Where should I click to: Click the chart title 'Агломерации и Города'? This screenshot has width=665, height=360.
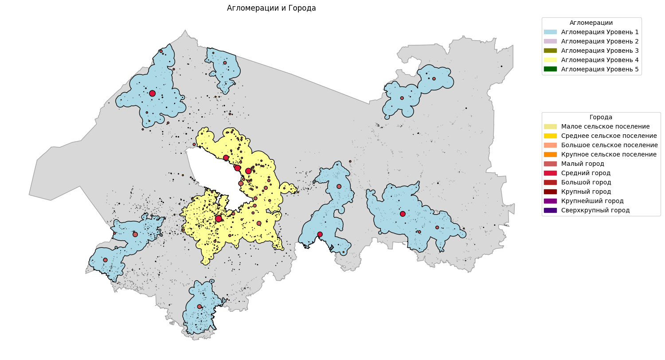coord(271,8)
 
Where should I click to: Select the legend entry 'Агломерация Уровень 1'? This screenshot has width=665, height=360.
coord(591,32)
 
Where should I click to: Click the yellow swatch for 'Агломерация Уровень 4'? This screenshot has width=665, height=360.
coord(550,60)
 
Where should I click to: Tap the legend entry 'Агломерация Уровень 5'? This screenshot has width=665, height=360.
coord(591,69)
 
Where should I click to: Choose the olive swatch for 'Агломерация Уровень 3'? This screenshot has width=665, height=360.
coord(550,51)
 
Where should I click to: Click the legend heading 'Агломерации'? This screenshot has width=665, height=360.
coord(591,23)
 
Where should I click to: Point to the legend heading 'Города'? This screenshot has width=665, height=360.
coord(601,117)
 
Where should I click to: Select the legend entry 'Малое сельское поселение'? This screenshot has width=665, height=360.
coord(596,127)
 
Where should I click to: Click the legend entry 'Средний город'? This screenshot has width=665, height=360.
coord(583,173)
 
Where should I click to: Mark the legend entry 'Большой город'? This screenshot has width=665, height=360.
coord(583,182)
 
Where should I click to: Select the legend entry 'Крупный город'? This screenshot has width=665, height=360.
coord(583,192)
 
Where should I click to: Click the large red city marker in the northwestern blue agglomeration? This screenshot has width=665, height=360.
coord(152,93)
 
